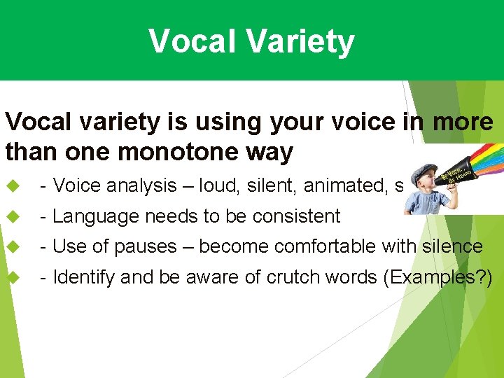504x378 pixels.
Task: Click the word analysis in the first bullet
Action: click(139, 185)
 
